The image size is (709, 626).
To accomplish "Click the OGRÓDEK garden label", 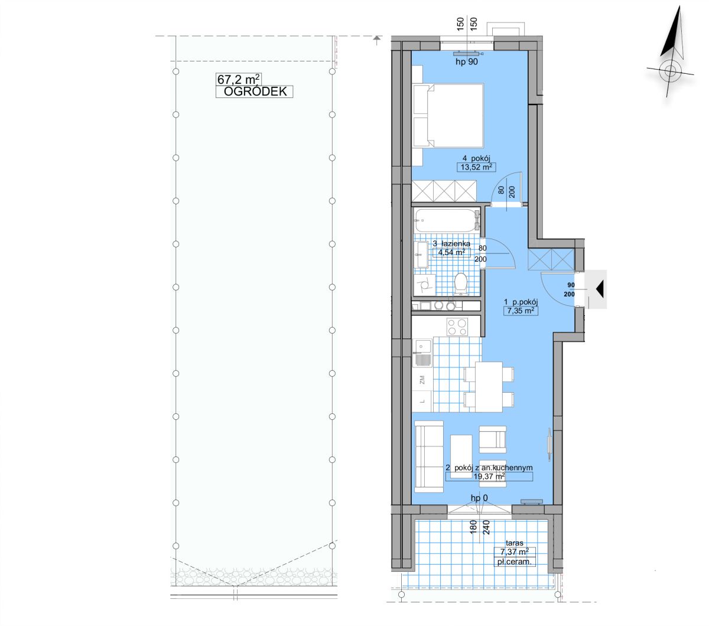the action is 255,92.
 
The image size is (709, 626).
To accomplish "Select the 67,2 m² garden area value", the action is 239,79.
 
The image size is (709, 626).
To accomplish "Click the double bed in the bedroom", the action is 448,115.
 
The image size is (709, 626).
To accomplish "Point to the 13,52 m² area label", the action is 476,167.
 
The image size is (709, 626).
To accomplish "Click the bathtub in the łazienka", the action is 447,220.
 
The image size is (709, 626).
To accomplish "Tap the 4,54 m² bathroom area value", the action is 451,252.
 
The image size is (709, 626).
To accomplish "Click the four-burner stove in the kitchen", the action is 457,327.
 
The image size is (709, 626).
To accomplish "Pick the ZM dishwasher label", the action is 422,379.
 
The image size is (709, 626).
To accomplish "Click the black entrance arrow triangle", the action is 600,289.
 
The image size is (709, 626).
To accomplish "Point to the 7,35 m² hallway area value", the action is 521,311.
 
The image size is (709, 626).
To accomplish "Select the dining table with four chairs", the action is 489,386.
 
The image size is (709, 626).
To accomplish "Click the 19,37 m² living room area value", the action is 489,476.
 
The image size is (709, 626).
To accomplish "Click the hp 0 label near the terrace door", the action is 479,498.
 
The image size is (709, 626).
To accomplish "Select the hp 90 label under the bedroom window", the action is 467,62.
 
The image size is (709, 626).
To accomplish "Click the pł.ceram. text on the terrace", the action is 515,562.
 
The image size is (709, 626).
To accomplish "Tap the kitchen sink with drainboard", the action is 422,353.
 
